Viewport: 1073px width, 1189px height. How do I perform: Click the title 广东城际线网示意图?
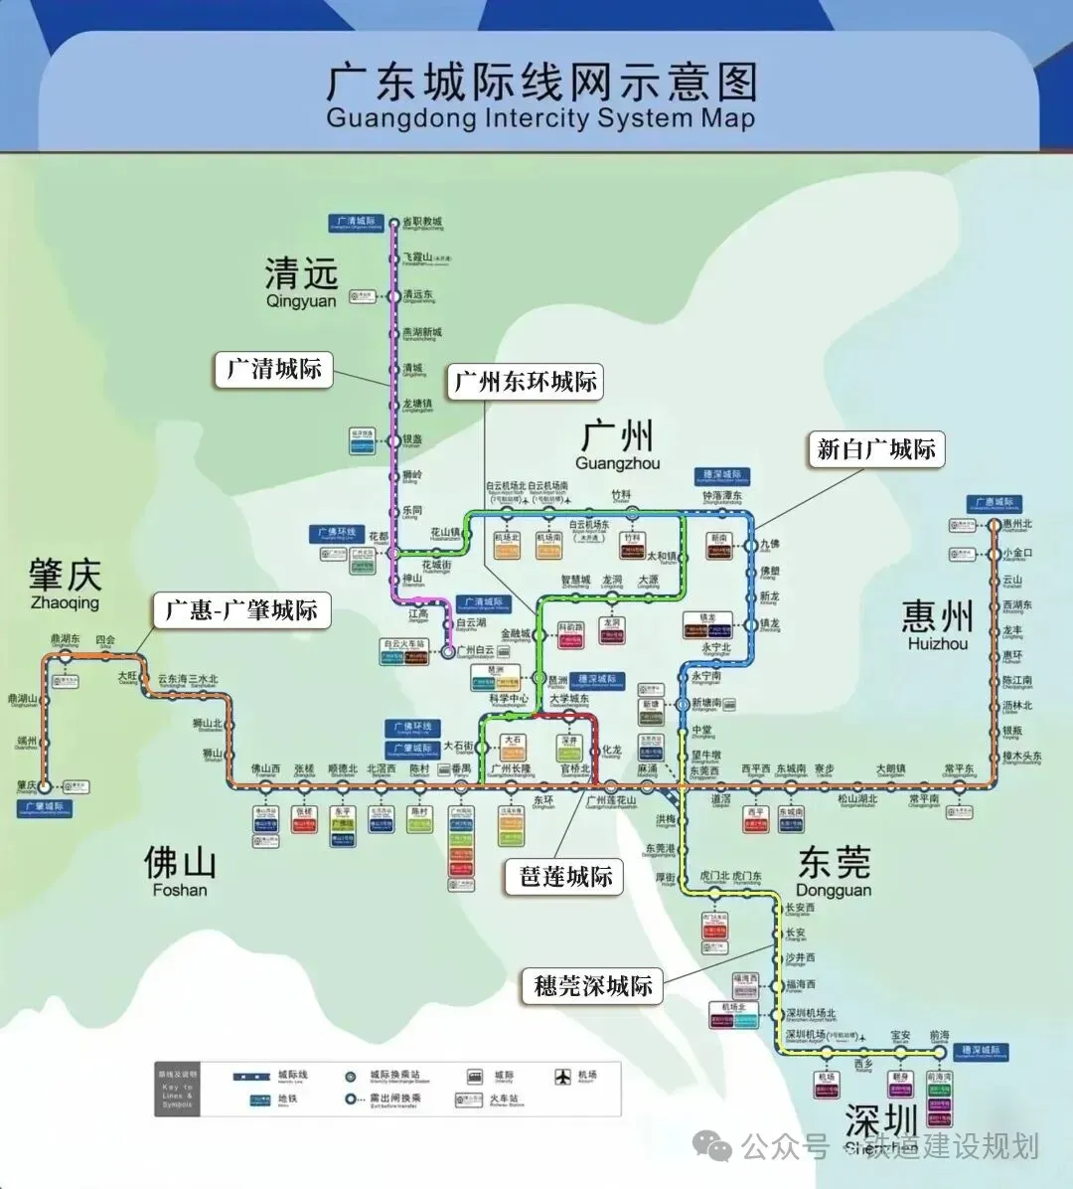coord(541,82)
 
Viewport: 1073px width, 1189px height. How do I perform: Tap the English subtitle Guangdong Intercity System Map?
coord(540,118)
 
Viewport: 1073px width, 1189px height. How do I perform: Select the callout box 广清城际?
coord(274,369)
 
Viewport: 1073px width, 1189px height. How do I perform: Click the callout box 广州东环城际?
coord(526,381)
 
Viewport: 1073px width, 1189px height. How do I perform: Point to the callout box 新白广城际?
coord(875,449)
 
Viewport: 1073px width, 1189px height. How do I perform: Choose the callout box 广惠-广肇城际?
coord(240,609)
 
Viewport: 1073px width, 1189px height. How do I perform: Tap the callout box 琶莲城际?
coord(566,876)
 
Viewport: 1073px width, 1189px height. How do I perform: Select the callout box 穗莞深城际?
coord(593,985)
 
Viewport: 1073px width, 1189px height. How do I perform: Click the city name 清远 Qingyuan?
coord(302,281)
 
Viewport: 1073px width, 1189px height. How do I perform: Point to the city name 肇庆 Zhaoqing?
coord(66,584)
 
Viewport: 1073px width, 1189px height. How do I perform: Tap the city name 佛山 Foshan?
coord(180,870)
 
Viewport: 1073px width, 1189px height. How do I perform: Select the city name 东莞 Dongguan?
coord(834,871)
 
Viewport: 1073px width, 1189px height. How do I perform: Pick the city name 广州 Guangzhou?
coord(617,444)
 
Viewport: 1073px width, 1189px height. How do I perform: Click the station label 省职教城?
coord(422,222)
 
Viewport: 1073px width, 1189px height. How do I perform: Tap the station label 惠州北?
coord(1017,524)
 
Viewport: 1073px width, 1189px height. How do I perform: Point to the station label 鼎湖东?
coord(66,639)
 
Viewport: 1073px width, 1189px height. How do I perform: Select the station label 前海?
coord(939,1036)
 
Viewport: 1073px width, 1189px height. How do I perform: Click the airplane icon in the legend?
coord(563,1076)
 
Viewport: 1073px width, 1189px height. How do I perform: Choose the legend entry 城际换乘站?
coord(394,1076)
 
